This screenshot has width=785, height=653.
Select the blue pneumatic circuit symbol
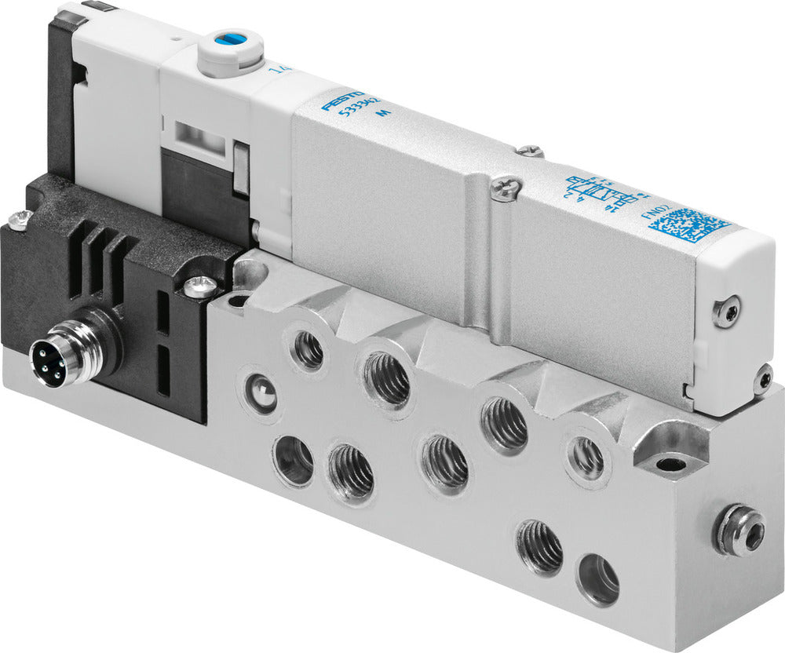[601, 191]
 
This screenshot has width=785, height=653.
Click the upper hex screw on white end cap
[726, 312]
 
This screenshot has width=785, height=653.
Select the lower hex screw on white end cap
[762, 381]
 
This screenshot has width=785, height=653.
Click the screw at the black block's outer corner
[21, 217]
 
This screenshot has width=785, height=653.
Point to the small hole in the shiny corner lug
[668, 464]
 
